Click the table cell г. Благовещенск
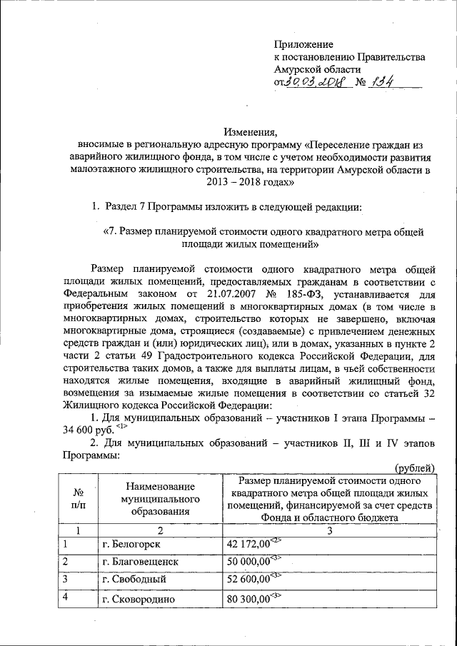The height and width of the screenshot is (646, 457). [x=140, y=562]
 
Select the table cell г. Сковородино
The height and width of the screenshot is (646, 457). [x=139, y=599]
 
